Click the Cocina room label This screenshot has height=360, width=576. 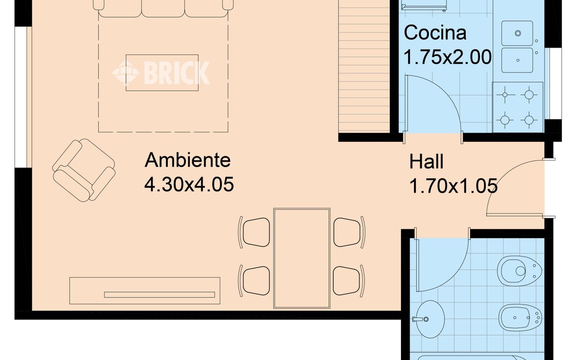pyautogui.click(x=435, y=33)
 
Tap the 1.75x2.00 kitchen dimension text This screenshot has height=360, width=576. pyautogui.click(x=448, y=57)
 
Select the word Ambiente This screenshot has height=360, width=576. pyautogui.click(x=188, y=160)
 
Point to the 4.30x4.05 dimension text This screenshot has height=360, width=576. pyautogui.click(x=189, y=184)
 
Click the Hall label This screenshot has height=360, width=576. pyautogui.click(x=426, y=162)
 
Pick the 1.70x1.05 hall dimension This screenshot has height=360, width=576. pyautogui.click(x=453, y=186)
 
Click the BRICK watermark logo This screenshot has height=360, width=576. pyautogui.click(x=161, y=73)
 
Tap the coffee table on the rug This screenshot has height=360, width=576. pyautogui.click(x=162, y=72)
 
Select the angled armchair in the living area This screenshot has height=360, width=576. pyautogui.click(x=84, y=170)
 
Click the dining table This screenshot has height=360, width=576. pyautogui.click(x=302, y=258)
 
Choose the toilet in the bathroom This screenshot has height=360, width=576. pyautogui.click(x=519, y=271)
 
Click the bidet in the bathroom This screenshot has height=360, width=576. pyautogui.click(x=520, y=318)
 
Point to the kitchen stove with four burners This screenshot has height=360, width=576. pyautogui.click(x=517, y=107)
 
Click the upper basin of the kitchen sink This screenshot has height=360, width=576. pyautogui.click(x=517, y=33)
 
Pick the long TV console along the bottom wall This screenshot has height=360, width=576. pyautogui.click(x=145, y=291)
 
